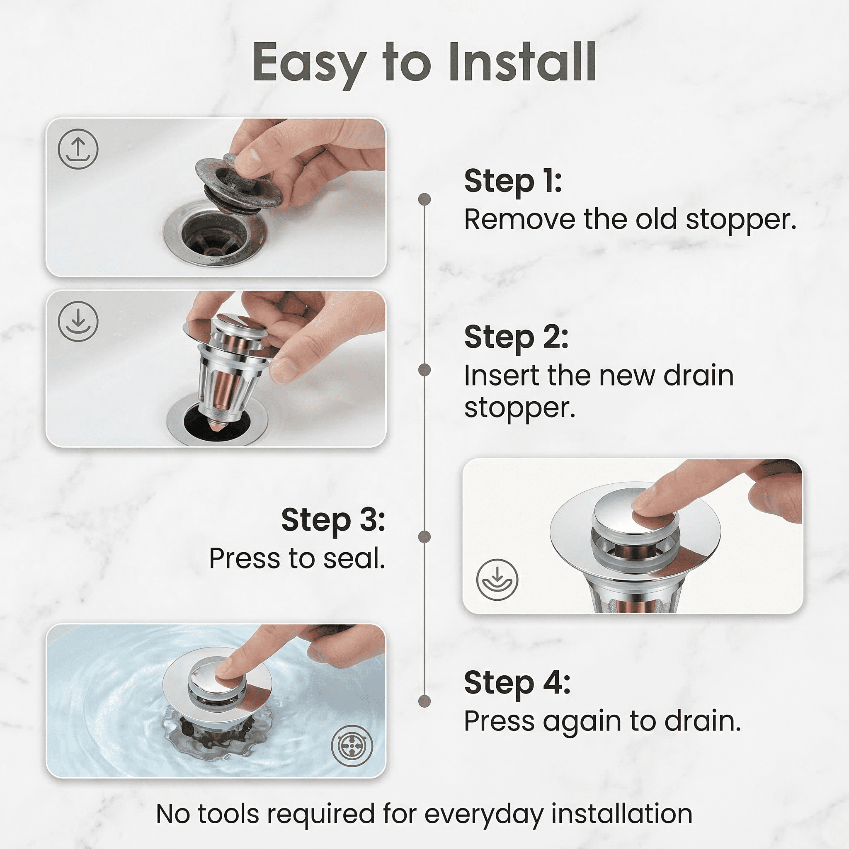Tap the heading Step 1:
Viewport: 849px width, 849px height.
point(513,181)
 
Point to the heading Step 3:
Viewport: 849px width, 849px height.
point(333,520)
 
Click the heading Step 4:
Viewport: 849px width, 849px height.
point(517,683)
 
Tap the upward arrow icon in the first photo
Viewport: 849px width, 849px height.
point(78,149)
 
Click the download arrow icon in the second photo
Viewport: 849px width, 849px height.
point(78,321)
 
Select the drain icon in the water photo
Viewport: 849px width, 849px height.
point(352,746)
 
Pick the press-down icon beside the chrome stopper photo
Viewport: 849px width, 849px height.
point(497,579)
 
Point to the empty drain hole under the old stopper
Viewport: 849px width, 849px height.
point(214,235)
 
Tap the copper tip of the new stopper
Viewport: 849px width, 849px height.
point(218,425)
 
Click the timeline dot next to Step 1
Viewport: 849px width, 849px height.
point(424,199)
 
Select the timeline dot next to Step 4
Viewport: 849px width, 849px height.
point(424,701)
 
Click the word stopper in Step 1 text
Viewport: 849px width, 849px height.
point(741,220)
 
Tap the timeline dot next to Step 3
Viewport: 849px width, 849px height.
point(424,536)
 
